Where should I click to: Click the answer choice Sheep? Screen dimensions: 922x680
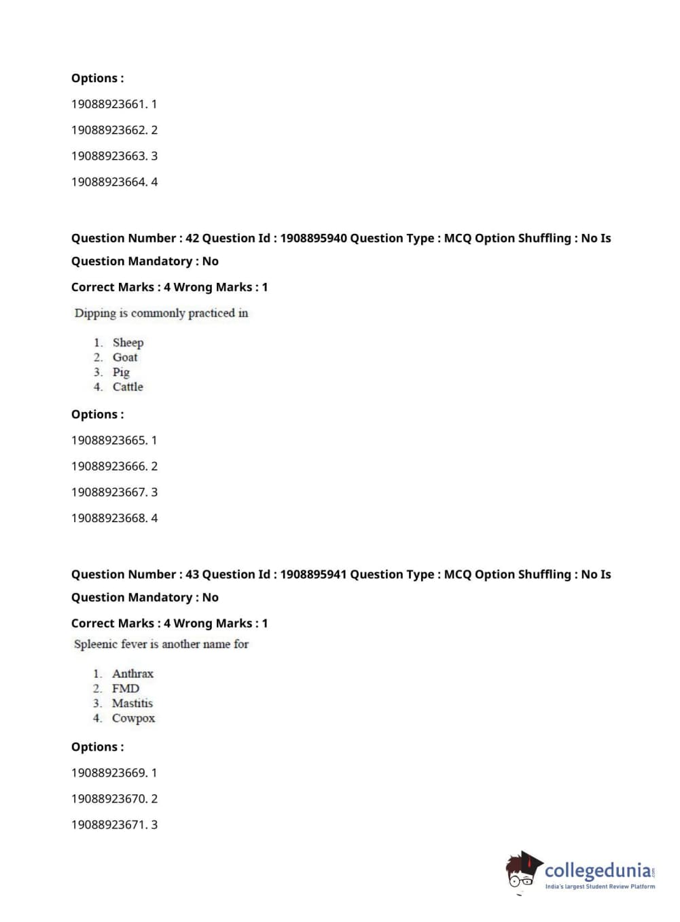[x=128, y=343]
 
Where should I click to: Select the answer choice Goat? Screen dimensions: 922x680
[x=125, y=358]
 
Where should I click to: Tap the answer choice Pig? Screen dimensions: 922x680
[x=121, y=372]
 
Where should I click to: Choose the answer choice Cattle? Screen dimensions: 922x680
[x=128, y=387]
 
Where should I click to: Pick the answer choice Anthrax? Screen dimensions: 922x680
[x=132, y=674]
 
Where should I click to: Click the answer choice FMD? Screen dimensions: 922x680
[x=126, y=689]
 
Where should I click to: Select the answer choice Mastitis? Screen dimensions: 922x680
[x=132, y=704]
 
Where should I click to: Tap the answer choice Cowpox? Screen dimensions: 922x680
[x=133, y=719]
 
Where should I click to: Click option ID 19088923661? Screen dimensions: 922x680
[x=109, y=104]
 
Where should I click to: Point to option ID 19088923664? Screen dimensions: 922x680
[x=109, y=182]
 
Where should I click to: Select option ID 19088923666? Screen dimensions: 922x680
[x=109, y=466]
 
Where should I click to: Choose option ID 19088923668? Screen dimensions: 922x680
[x=109, y=518]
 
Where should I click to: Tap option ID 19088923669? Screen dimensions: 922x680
[x=109, y=773]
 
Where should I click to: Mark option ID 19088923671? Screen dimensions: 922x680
[x=109, y=825]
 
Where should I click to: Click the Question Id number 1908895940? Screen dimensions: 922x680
[x=313, y=238]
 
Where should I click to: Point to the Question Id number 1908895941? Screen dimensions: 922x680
[x=313, y=575]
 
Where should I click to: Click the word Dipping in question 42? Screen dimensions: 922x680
[x=95, y=313]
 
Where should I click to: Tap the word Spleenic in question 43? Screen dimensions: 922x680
[x=96, y=644]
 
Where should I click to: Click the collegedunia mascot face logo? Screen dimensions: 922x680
[x=524, y=870]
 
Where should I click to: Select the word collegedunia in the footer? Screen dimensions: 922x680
[x=597, y=870]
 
